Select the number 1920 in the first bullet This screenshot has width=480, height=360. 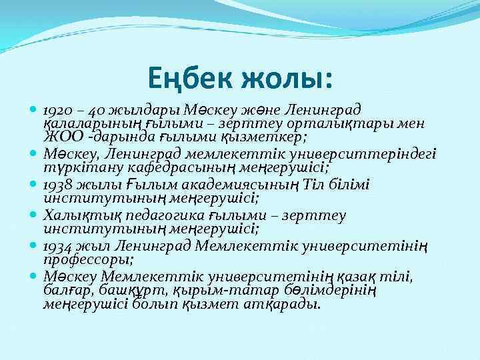56,109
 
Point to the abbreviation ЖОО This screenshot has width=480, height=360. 59,138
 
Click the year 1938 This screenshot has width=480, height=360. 56,184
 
